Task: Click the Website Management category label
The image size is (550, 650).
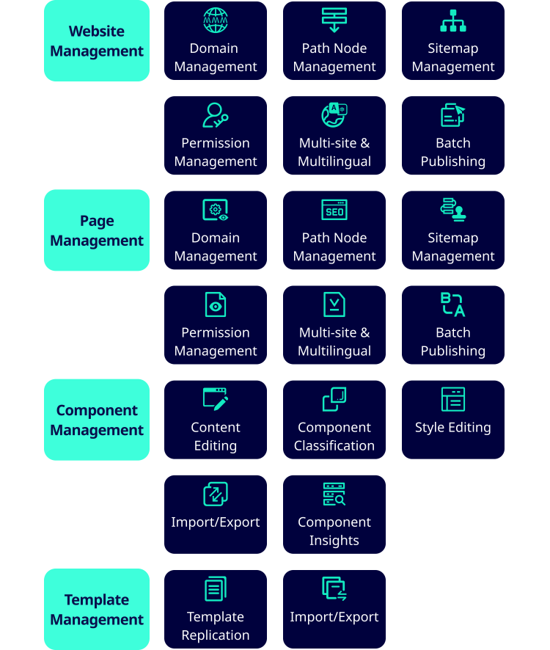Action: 97,40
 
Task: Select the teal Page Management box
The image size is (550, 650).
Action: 97,230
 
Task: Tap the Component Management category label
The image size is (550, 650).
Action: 97,420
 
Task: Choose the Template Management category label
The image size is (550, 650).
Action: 97,609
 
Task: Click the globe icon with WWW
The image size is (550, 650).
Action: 216,20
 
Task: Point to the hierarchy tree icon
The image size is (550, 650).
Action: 453,21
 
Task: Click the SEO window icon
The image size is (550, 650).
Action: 334,210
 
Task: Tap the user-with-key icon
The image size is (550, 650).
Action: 216,115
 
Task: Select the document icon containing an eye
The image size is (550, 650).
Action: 216,304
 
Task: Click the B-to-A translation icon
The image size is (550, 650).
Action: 453,304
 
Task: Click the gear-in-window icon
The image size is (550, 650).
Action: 216,210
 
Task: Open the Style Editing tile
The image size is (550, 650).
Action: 453,420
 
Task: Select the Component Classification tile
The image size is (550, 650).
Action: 334,420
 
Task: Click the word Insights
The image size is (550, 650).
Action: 334,541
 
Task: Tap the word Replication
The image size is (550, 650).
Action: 216,635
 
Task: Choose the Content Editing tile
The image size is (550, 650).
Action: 216,420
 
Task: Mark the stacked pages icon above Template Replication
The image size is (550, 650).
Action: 216,588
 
